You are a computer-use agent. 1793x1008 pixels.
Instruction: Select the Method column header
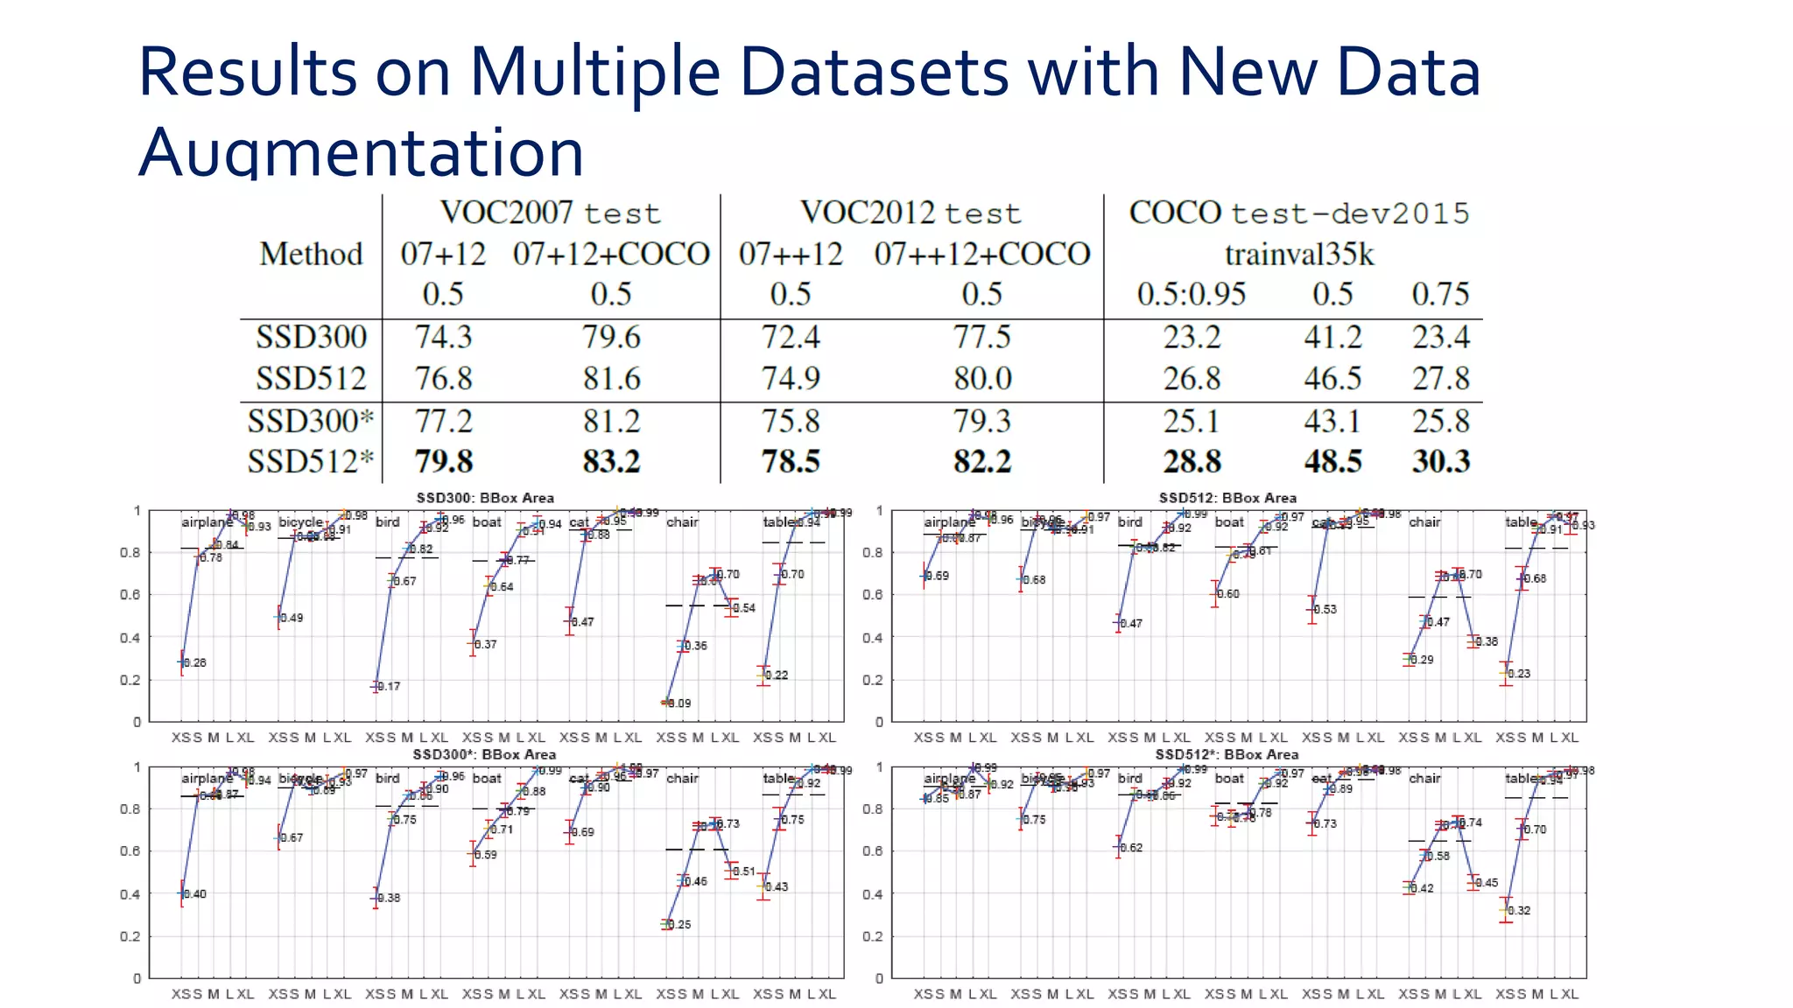pos(311,254)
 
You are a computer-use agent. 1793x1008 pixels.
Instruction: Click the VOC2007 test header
pos(550,213)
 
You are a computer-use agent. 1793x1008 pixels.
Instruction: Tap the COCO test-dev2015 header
pos(1298,213)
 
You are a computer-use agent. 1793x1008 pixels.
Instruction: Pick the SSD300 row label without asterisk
pos(311,337)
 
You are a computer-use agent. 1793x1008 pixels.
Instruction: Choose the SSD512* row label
pos(311,461)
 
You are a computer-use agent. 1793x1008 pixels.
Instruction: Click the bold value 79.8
pos(443,461)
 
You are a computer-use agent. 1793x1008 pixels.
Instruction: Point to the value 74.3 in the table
pos(443,337)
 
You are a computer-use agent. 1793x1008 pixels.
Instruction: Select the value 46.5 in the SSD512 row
pos(1332,378)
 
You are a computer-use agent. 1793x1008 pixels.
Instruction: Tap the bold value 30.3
pos(1440,461)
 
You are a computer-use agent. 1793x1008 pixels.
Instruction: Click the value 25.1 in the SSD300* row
pos(1191,421)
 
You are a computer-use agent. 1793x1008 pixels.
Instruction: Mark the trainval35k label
pos(1299,255)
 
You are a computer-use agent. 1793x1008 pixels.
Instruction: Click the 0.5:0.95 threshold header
pos(1191,294)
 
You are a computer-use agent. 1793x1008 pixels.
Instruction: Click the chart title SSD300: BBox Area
pos(485,498)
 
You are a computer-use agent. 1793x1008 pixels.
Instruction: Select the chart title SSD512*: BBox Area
pos(1227,754)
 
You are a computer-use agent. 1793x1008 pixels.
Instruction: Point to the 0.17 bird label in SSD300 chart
pos(390,687)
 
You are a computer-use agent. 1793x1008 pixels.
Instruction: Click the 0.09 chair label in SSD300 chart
pos(679,703)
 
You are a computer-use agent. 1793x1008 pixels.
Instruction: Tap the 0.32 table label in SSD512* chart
pos(1520,911)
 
